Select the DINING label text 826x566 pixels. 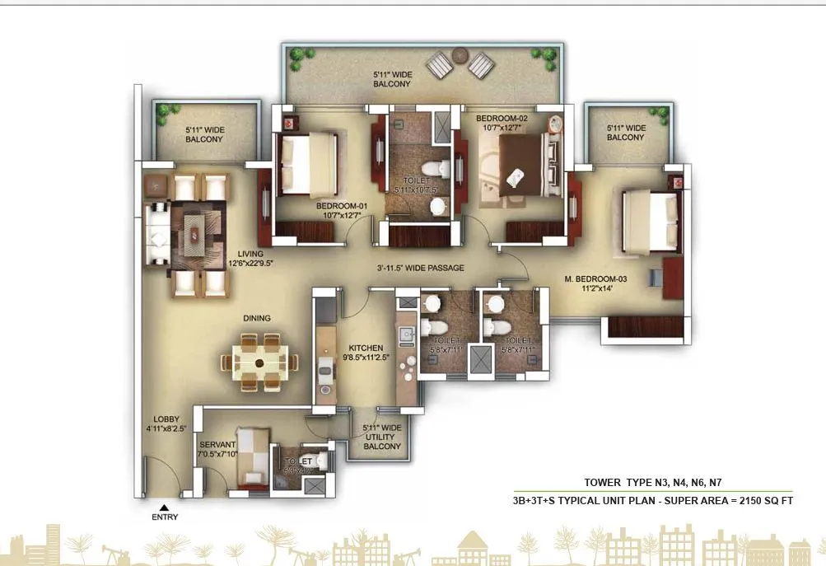pos(256,318)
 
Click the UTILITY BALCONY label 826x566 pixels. pos(382,437)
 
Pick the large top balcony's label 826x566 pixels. pos(392,79)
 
